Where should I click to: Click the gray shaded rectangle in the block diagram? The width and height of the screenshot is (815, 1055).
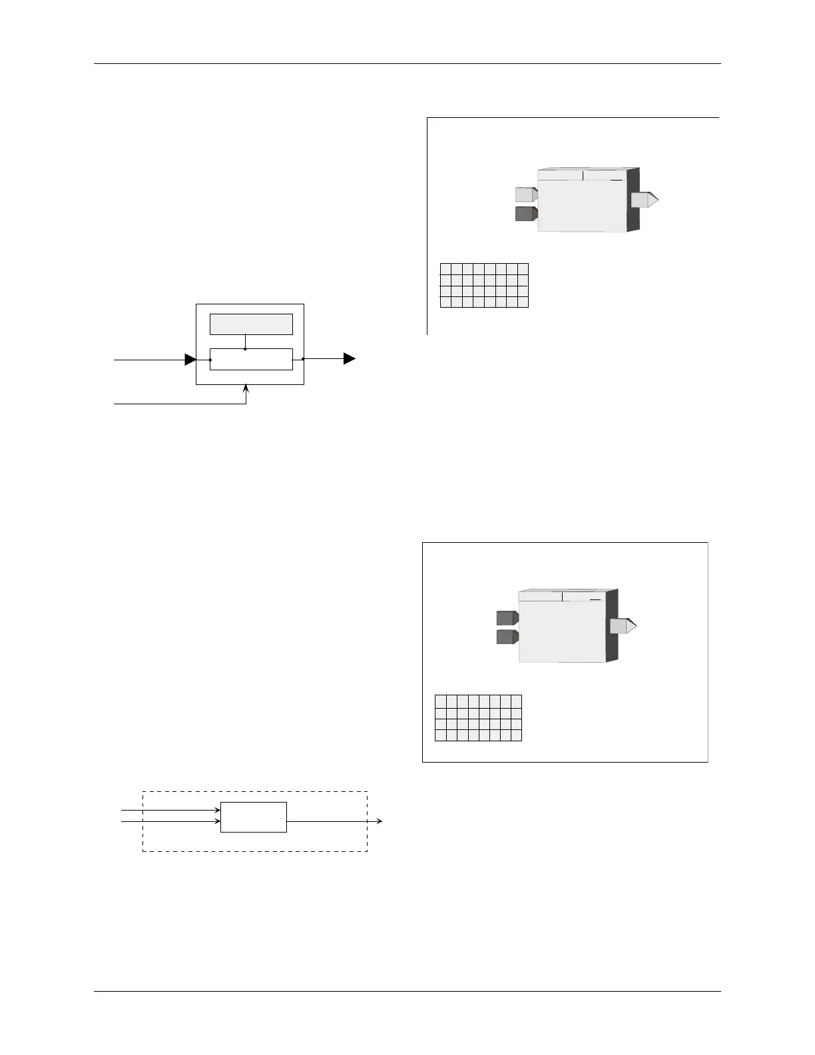click(x=251, y=324)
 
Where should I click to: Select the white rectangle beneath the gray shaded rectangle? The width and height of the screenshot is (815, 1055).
click(x=251, y=359)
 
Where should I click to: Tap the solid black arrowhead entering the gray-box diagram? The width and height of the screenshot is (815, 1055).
click(x=190, y=360)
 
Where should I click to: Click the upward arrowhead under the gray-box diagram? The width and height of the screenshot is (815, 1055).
click(x=246, y=389)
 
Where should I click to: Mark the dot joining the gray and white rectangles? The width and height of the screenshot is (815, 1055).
click(x=246, y=348)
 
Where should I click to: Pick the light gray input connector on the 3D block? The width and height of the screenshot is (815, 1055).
click(x=526, y=194)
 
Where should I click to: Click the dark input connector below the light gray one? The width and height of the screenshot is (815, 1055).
click(x=526, y=214)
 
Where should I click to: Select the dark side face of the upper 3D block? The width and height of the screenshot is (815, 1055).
click(x=633, y=200)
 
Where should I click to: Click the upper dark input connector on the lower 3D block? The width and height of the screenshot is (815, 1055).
click(x=507, y=617)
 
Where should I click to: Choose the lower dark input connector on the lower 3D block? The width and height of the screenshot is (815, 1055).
click(x=507, y=637)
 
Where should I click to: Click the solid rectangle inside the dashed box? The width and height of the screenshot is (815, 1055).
click(x=254, y=817)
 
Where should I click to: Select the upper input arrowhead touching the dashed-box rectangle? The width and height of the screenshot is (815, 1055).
click(x=217, y=811)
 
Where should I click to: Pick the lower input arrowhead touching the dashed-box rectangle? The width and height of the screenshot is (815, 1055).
click(x=217, y=821)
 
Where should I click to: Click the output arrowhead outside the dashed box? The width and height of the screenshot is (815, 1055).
click(x=380, y=821)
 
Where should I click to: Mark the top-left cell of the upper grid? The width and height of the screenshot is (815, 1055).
click(x=446, y=269)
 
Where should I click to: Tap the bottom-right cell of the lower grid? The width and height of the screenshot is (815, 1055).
click(x=516, y=735)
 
